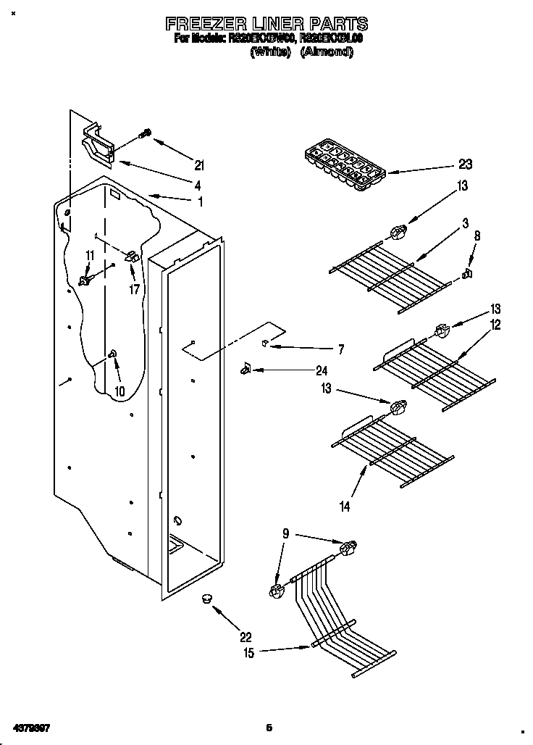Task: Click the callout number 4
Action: pyautogui.click(x=197, y=184)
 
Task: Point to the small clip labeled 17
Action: pyautogui.click(x=132, y=257)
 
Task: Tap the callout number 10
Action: pyautogui.click(x=119, y=391)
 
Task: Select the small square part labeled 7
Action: pyautogui.click(x=266, y=341)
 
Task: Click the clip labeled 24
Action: pyautogui.click(x=245, y=369)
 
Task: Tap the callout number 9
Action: pyautogui.click(x=285, y=535)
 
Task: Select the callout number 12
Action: pyautogui.click(x=495, y=325)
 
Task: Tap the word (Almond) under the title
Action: pyautogui.click(x=327, y=52)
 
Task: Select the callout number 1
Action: pyautogui.click(x=200, y=202)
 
